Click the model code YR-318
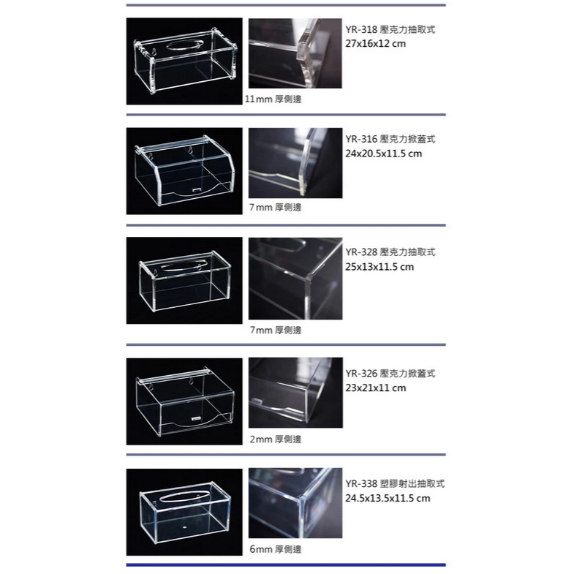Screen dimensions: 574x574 pyautogui.click(x=361, y=30)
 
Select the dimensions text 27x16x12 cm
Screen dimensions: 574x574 pyautogui.click(x=376, y=44)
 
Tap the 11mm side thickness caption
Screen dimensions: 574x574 pyautogui.click(x=273, y=99)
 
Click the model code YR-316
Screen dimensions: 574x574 pyautogui.click(x=361, y=139)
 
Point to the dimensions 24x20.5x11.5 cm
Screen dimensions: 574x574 pyautogui.click(x=384, y=154)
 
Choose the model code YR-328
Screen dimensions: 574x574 pyautogui.click(x=361, y=252)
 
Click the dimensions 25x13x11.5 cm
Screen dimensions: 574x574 pyautogui.click(x=379, y=266)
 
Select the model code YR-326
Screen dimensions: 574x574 pyautogui.click(x=361, y=374)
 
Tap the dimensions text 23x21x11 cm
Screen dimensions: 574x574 pyautogui.click(x=376, y=388)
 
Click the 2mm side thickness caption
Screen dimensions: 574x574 pyautogui.click(x=275, y=439)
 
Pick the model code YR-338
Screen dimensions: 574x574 pyautogui.click(x=361, y=483)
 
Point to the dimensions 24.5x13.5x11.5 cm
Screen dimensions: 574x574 pyautogui.click(x=388, y=498)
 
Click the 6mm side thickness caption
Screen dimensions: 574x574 pyautogui.click(x=275, y=549)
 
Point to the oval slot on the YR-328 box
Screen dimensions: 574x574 pyautogui.click(x=181, y=266)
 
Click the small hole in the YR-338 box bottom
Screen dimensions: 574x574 pyautogui.click(x=184, y=527)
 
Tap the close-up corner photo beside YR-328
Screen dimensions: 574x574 pyautogui.click(x=295, y=279)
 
